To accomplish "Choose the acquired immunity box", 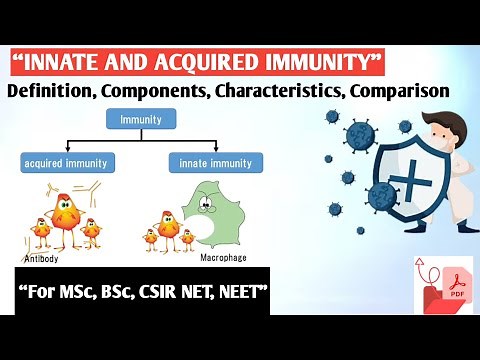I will point(65,162).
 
